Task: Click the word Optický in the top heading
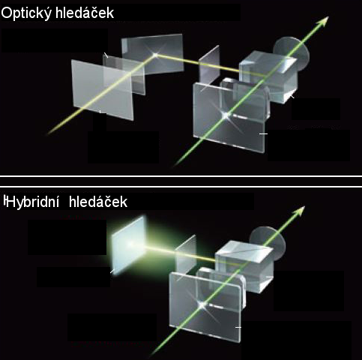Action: pyautogui.click(x=26, y=13)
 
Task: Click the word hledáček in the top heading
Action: pyautogui.click(x=85, y=13)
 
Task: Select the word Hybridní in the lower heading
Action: pyautogui.click(x=31, y=202)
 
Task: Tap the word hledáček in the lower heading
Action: pyautogui.click(x=98, y=202)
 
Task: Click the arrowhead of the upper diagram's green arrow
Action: pyautogui.click(x=324, y=21)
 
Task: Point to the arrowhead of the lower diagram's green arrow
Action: pyautogui.click(x=300, y=211)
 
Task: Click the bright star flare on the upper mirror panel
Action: pyautogui.click(x=155, y=55)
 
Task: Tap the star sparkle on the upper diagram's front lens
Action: pyautogui.click(x=226, y=115)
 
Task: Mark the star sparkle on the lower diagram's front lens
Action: pyautogui.click(x=202, y=304)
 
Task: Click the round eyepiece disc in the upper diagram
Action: pyautogui.click(x=292, y=53)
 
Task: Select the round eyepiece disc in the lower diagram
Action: pyautogui.click(x=268, y=242)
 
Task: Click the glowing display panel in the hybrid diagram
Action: pyautogui.click(x=129, y=245)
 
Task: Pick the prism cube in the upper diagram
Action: pyautogui.click(x=268, y=76)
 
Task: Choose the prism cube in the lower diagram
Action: pyautogui.click(x=244, y=266)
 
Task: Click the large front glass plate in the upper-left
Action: pyautogui.click(x=102, y=90)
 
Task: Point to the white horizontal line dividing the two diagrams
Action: pyautogui.click(x=181, y=176)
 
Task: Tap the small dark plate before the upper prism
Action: pyautogui.click(x=209, y=65)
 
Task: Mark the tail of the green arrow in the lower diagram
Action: pyautogui.click(x=153, y=354)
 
